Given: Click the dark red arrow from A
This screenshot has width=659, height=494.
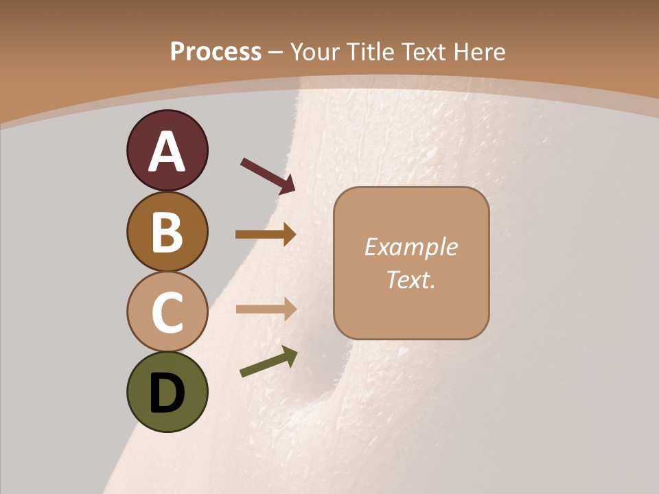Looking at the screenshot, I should click(268, 176).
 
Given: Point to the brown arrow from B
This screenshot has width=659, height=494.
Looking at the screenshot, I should click(266, 235).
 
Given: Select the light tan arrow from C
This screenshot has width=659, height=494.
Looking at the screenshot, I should click(266, 309).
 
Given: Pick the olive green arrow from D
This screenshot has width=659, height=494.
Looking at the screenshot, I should click(268, 362).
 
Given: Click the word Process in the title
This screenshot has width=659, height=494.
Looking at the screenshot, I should click(216, 51).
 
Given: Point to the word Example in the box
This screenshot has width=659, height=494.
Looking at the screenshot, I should click(411, 247).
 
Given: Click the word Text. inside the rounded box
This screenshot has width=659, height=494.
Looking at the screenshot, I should click(411, 280).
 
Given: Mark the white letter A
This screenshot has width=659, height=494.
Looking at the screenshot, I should click(167, 152).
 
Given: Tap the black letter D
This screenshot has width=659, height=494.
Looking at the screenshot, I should click(167, 393).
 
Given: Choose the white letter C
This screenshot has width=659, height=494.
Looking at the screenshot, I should click(167, 312).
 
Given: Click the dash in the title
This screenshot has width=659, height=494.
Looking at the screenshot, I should click(276, 53).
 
